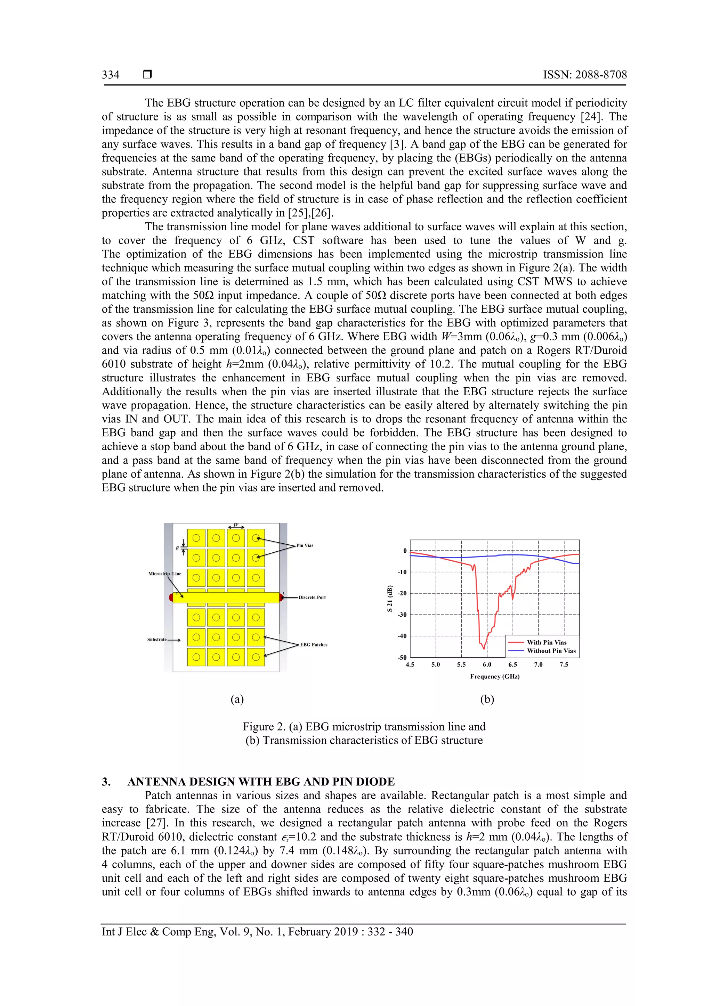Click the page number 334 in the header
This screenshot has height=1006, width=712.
(111, 75)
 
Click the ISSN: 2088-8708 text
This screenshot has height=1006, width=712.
(585, 75)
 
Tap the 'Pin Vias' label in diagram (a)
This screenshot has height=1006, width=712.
(305, 545)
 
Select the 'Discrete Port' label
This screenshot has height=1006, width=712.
(312, 597)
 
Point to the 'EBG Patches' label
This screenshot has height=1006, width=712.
(314, 644)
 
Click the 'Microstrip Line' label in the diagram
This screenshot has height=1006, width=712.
(164, 574)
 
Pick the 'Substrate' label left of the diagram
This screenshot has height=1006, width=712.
(157, 639)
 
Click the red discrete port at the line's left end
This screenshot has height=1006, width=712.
(171, 597)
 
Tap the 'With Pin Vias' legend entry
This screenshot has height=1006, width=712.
(547, 642)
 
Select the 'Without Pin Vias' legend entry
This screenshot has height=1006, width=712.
(551, 651)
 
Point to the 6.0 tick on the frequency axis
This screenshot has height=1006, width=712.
(487, 665)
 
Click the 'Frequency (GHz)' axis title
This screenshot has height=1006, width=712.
(495, 676)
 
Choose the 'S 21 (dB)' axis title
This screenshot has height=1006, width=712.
(389, 599)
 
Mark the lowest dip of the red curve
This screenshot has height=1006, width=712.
(484, 649)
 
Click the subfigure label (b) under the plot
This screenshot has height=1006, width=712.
(487, 699)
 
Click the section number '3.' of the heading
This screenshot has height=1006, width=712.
(106, 782)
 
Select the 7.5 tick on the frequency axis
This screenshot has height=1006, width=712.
(564, 665)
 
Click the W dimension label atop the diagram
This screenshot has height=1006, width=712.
(236, 525)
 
